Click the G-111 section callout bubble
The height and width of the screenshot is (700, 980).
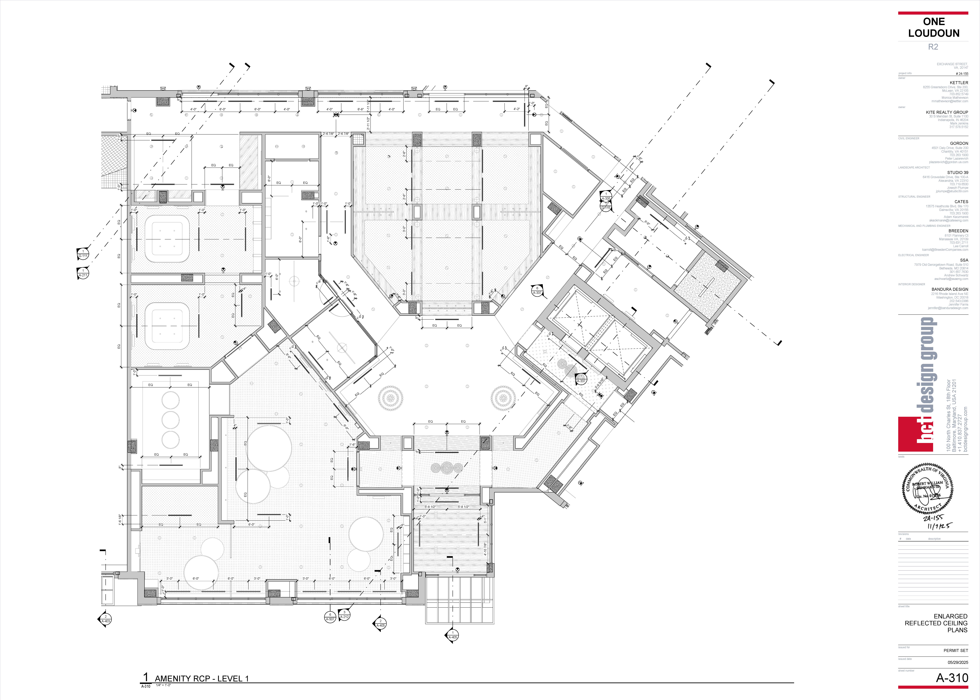[x=83, y=254]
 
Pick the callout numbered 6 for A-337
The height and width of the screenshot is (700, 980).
[x=537, y=290]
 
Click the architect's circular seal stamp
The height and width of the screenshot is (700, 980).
[x=927, y=488]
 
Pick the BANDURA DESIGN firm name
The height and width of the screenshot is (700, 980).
[x=949, y=289]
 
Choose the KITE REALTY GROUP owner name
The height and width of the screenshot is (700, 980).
[x=947, y=112]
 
